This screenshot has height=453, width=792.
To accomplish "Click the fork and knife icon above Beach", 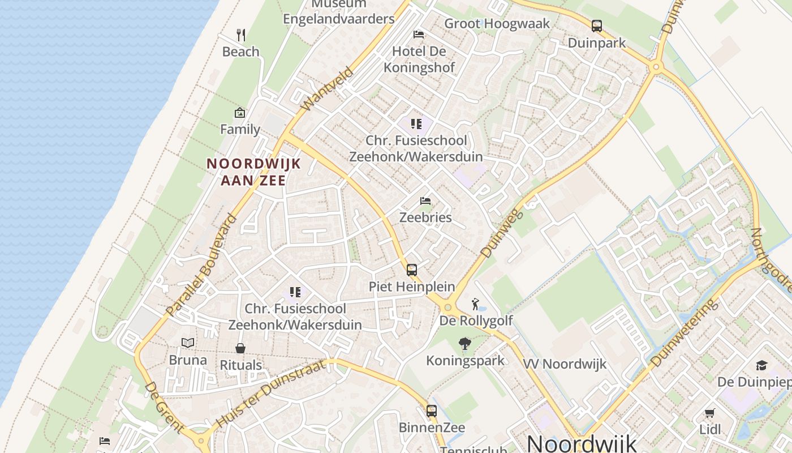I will pyautogui.click(x=241, y=35).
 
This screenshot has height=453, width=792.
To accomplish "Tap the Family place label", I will pyautogui.click(x=240, y=129).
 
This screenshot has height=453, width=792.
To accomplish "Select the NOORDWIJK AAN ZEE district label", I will pyautogui.click(x=253, y=172).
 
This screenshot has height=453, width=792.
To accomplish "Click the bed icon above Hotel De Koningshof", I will pyautogui.click(x=419, y=35).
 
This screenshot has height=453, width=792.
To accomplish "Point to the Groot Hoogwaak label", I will pyautogui.click(x=497, y=23).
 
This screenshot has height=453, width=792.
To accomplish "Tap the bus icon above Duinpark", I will pyautogui.click(x=597, y=26).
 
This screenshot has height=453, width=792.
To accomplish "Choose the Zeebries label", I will pyautogui.click(x=425, y=217).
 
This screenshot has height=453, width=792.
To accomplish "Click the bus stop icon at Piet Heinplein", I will pyautogui.click(x=412, y=270).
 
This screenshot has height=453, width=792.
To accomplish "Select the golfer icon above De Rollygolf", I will pyautogui.click(x=475, y=305).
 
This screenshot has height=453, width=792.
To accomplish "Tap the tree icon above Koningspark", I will pyautogui.click(x=465, y=344).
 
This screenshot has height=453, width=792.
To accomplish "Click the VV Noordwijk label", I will pyautogui.click(x=565, y=364).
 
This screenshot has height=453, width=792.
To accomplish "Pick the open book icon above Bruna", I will pyautogui.click(x=188, y=343).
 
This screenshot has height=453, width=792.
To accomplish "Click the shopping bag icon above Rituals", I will pyautogui.click(x=240, y=348).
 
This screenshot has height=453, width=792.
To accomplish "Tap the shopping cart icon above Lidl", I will pyautogui.click(x=710, y=413).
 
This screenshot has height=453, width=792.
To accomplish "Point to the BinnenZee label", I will pyautogui.click(x=432, y=427).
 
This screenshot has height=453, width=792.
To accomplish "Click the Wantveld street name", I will pyautogui.click(x=328, y=89).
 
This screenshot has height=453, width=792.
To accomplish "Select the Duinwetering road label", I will pyautogui.click(x=685, y=332).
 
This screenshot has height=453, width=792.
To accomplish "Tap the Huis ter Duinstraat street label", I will pyautogui.click(x=271, y=393).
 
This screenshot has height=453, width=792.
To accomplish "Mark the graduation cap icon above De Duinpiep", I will pyautogui.click(x=761, y=365).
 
